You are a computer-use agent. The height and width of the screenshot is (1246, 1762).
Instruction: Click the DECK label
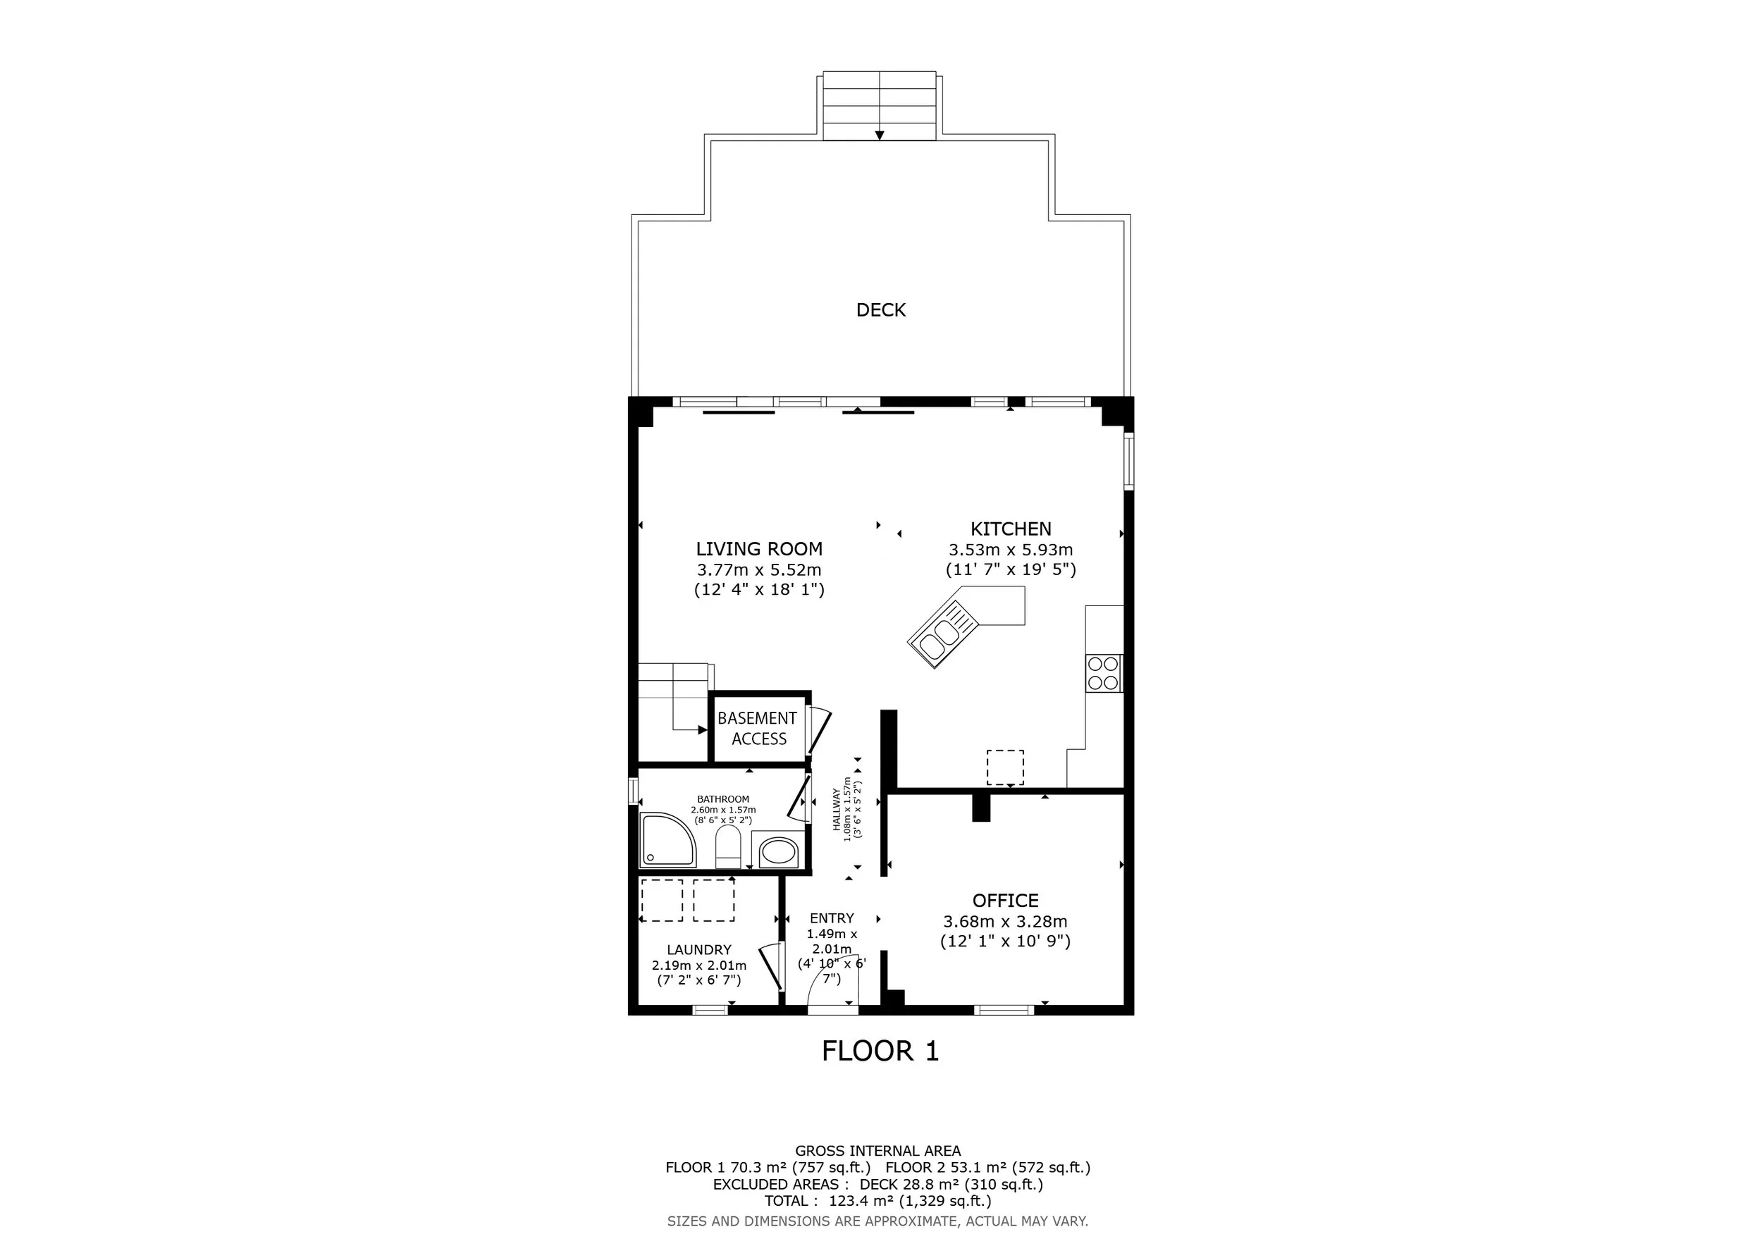click(x=881, y=310)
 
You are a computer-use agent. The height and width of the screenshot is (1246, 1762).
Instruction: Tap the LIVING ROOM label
click(x=759, y=549)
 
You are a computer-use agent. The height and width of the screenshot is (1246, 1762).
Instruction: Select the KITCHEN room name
click(x=1011, y=529)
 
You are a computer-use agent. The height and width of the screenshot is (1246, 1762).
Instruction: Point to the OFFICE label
click(x=1005, y=901)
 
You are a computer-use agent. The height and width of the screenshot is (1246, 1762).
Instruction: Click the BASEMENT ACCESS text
click(x=758, y=728)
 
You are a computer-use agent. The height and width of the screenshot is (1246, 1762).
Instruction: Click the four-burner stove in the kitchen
click(x=1104, y=673)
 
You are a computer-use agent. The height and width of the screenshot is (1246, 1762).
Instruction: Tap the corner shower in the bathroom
click(x=667, y=840)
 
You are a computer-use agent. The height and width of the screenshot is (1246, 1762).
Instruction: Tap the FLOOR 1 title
click(x=880, y=1051)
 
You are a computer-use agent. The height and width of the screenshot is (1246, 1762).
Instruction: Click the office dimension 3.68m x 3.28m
click(x=1005, y=921)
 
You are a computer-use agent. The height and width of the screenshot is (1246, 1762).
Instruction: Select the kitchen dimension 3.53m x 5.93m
click(x=1011, y=549)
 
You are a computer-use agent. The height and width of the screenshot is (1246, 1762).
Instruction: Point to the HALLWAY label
click(x=837, y=810)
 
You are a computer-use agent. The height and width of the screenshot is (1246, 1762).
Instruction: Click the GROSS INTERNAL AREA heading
click(x=878, y=1151)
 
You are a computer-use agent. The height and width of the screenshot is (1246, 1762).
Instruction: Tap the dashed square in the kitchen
click(x=1004, y=767)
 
